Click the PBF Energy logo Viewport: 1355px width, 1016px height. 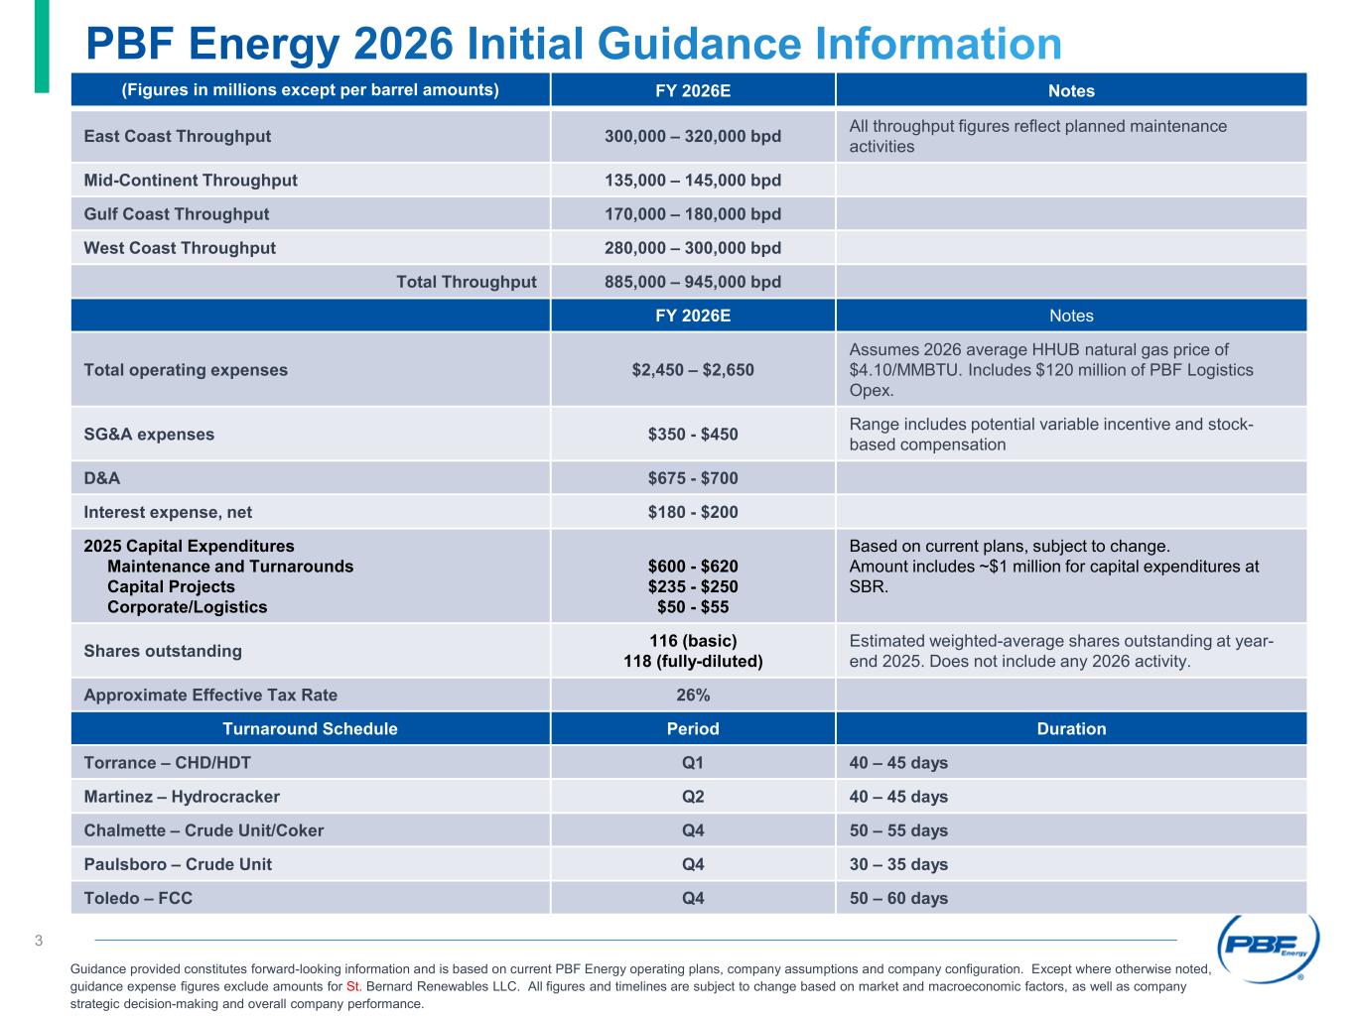pos(1268,948)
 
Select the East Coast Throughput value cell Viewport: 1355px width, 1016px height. pos(693,136)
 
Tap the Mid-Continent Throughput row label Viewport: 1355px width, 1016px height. pos(191,181)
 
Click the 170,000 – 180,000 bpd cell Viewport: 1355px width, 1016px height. pos(693,214)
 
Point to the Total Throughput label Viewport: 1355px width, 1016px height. pos(467,282)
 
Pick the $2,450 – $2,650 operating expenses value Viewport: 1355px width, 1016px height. pos(693,370)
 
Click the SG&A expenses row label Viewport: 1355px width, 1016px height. pos(149,435)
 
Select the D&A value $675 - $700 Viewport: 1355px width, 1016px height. pos(693,478)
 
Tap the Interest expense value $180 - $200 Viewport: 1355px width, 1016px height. pos(693,512)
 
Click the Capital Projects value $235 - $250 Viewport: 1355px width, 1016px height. pos(693,586)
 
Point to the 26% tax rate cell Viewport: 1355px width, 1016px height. pos(693,695)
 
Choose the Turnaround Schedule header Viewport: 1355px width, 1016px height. pos(310,729)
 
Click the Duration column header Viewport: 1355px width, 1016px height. pos(1071,729)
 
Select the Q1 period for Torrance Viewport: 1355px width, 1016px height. pos(693,763)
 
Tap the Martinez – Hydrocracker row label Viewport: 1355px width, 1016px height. pos(182,797)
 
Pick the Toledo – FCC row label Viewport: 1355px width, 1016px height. pos(138,898)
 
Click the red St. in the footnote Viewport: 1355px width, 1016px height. pos(352,987)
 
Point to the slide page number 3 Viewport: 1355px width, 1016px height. pos(39,941)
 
